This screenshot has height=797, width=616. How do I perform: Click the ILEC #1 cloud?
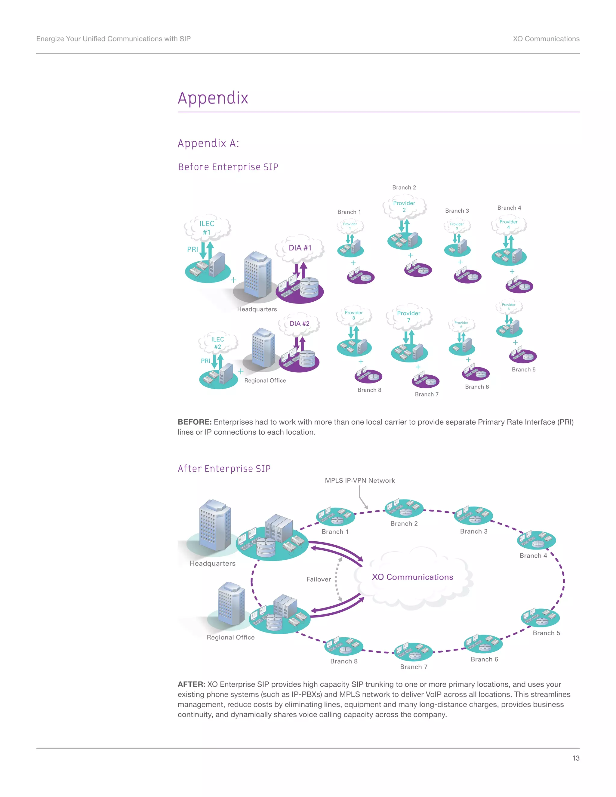pos(207,227)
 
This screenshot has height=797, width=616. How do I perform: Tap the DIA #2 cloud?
pos(299,324)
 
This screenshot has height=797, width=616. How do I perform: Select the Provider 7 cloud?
pos(409,316)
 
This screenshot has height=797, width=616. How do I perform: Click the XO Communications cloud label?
pos(412,577)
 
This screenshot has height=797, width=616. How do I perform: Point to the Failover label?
pos(318,579)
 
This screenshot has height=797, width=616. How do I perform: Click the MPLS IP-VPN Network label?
pos(359,481)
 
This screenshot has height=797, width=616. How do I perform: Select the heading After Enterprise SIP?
pos(224,469)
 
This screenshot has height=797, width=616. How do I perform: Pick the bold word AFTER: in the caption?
pos(191,684)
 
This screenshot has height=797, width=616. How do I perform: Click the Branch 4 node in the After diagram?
pos(536,540)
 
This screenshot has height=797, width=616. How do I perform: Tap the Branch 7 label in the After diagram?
pos(414,667)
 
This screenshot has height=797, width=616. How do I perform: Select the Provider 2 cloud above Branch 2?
pos(404,206)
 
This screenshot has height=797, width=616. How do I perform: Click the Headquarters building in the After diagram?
pos(215,525)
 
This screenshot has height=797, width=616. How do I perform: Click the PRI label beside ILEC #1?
pos(192,249)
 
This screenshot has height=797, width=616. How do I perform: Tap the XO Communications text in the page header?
pos(546,39)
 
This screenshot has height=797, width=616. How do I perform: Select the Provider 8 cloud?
pos(354,315)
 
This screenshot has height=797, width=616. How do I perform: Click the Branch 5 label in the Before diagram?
pos(523,369)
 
